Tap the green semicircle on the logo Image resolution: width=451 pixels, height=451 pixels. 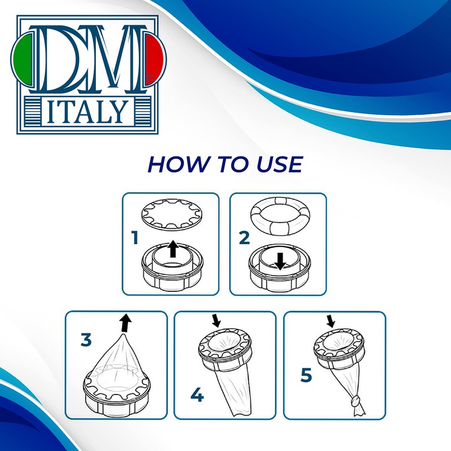click(23, 60)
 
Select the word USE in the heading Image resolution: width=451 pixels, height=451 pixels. click(280, 164)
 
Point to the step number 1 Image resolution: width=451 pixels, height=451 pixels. click(135, 238)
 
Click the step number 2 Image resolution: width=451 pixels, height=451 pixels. click(244, 238)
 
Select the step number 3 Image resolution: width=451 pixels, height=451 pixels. click(86, 339)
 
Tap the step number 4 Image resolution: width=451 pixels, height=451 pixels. click(197, 395)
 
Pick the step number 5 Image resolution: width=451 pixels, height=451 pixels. click(306, 375)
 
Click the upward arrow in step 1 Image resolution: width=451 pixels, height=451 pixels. click(173, 249)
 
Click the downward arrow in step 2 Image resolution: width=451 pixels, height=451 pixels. click(280, 261)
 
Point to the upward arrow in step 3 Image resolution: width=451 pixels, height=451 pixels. click(125, 323)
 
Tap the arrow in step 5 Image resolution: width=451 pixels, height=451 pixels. click(330, 321)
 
